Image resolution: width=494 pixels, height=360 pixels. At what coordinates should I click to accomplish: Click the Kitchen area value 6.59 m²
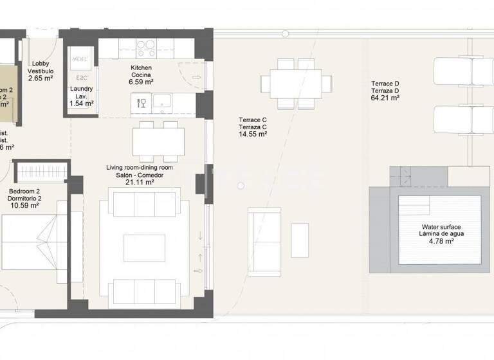141,82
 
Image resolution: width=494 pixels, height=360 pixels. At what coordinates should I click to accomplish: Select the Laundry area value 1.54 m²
82,103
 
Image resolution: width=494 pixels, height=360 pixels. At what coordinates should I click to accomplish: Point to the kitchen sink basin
162,102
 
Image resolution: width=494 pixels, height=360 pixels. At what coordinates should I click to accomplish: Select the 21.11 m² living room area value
140,183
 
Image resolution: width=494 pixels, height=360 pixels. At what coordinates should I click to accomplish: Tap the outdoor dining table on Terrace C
297,83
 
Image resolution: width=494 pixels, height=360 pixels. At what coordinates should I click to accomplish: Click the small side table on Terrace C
300,240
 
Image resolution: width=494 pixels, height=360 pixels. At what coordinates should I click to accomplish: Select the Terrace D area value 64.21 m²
385,99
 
